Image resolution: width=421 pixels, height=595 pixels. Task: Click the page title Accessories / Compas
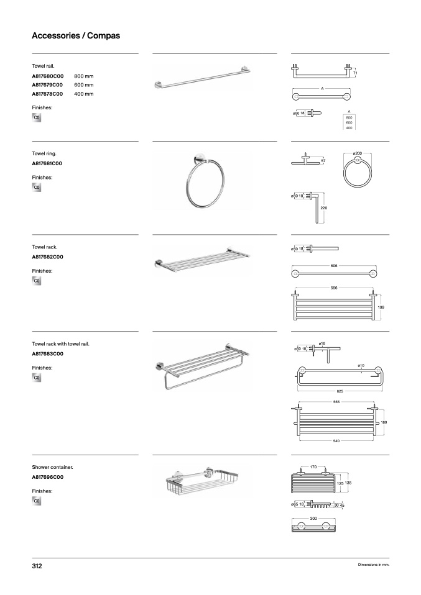(76, 36)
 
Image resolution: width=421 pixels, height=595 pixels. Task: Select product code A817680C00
(48, 75)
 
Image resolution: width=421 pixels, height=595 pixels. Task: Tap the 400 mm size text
(84, 94)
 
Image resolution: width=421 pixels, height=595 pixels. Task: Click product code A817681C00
(48, 163)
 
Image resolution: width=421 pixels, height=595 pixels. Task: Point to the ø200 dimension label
(357, 152)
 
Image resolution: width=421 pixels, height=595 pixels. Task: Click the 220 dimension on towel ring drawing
(323, 207)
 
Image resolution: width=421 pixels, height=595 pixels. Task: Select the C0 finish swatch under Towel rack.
(37, 281)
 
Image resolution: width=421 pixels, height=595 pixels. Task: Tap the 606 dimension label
(334, 265)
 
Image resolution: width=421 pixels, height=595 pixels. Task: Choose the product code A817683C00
(48, 353)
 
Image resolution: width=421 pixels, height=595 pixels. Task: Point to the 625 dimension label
(340, 391)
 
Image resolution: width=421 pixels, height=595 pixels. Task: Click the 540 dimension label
(336, 440)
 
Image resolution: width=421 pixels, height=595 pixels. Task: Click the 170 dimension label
(313, 466)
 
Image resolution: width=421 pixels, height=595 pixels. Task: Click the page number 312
(37, 566)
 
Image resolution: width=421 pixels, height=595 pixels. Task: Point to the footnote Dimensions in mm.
(373, 565)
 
